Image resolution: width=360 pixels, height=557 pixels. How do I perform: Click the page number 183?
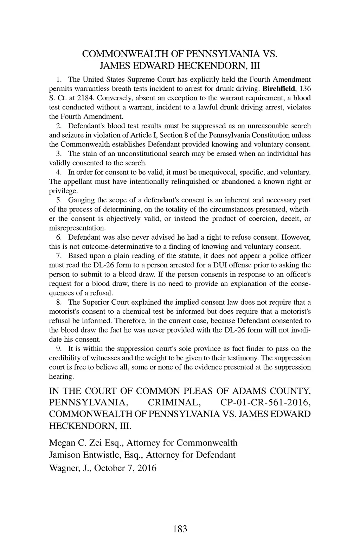pos(180,529)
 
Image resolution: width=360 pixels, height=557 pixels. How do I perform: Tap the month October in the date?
pos(110,468)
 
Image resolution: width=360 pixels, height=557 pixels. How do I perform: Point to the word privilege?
pos(63,191)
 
